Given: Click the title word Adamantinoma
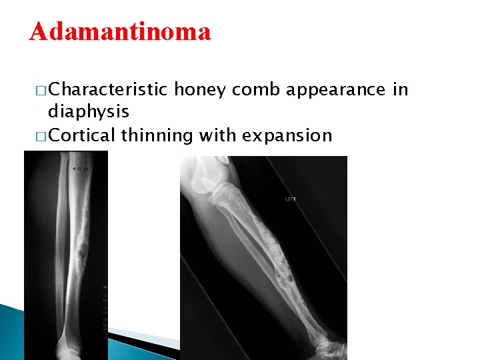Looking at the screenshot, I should pyautogui.click(x=120, y=31).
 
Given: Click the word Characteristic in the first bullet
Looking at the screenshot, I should pyautogui.click(x=109, y=90).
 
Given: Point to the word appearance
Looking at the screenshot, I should pyautogui.click(x=340, y=90).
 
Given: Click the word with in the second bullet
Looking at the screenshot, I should pyautogui.click(x=217, y=135).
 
